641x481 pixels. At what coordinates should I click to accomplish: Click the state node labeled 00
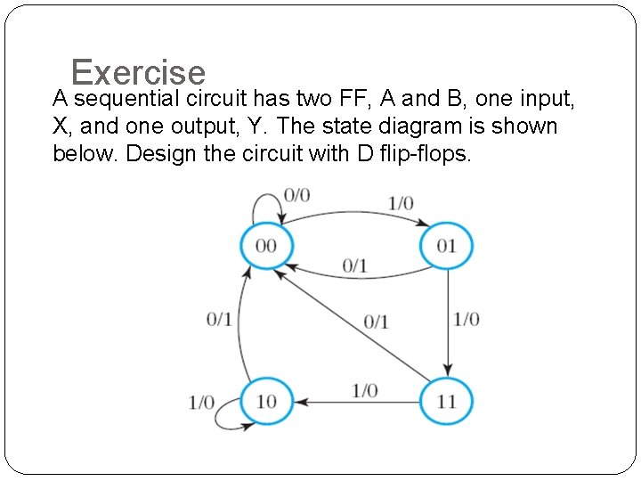coord(266,245)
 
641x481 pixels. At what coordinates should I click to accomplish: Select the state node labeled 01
coord(446,245)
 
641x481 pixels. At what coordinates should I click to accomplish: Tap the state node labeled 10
coord(266,402)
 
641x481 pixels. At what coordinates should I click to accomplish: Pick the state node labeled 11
coord(446,402)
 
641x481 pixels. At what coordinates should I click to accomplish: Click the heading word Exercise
coord(138,72)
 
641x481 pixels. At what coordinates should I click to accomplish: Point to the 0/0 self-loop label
coord(296,195)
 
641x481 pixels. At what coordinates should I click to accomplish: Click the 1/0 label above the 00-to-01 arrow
coord(401,203)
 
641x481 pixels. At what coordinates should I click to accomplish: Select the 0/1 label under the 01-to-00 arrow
coord(354,265)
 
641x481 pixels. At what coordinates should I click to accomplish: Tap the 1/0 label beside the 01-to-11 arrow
coord(467,319)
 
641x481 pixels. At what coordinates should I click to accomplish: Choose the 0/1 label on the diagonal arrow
coord(376,322)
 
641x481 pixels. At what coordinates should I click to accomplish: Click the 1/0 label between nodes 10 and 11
coord(364,390)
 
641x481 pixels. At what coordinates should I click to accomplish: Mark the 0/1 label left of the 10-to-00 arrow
coord(219,319)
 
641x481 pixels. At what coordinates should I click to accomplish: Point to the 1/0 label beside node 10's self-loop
coord(201,403)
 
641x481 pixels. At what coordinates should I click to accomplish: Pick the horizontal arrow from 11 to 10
coord(356,403)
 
